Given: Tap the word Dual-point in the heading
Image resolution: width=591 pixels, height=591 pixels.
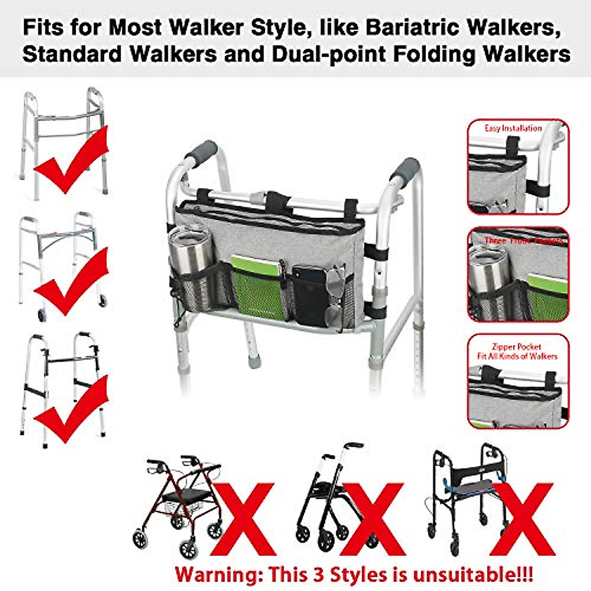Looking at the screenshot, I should click(329, 54).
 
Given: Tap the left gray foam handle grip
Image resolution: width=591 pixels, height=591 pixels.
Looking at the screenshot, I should click(200, 152).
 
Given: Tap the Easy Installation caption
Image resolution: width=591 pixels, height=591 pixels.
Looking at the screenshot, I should click(513, 129).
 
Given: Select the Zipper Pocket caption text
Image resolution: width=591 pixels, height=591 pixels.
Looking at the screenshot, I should click(517, 347).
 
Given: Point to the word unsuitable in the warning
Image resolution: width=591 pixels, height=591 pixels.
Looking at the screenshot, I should click(473, 575).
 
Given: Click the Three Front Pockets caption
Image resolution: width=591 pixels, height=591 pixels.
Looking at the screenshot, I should click(523, 241).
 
